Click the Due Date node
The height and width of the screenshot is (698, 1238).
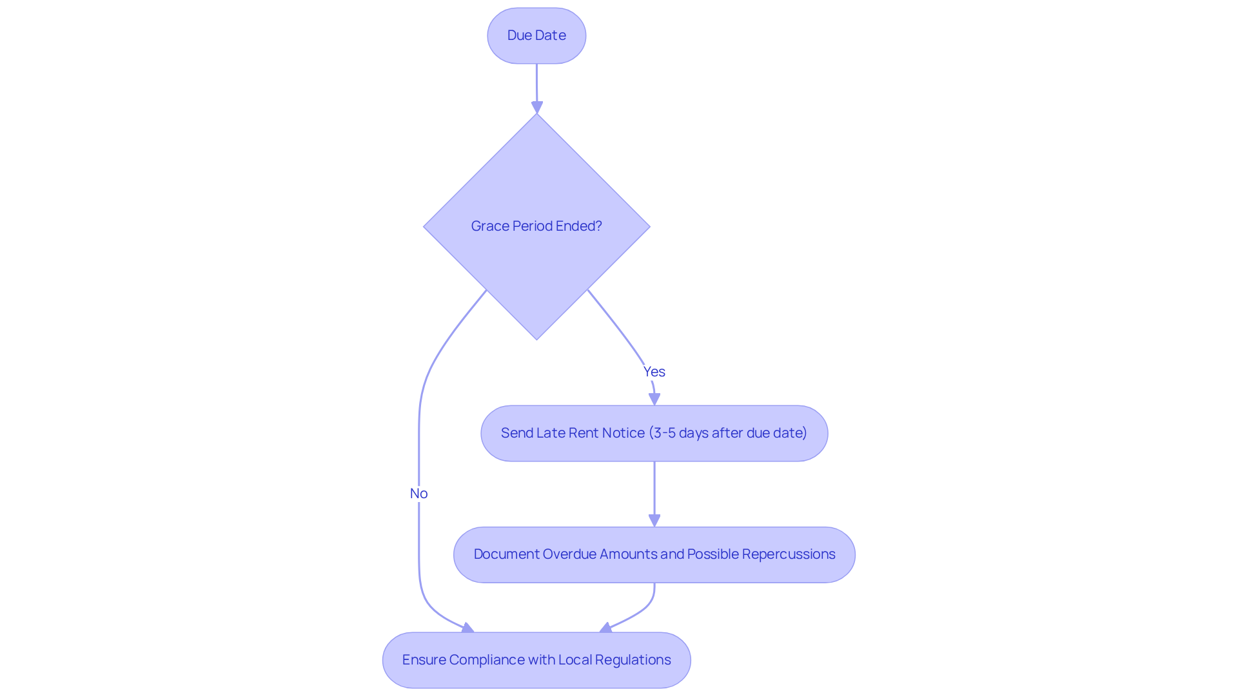(536, 35)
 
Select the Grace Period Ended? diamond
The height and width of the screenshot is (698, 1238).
(536, 227)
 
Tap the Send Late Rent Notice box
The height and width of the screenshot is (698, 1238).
(654, 433)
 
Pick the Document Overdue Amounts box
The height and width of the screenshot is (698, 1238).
(654, 555)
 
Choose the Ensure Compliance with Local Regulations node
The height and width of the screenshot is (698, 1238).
(536, 660)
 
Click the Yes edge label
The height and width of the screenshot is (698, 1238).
(654, 372)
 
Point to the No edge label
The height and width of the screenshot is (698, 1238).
(419, 494)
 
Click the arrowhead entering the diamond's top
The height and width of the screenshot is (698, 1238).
(537, 107)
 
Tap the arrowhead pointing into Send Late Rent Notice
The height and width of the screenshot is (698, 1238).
(654, 399)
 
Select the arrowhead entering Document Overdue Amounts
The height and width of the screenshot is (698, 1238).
(654, 521)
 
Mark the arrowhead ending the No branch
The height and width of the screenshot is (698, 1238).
(468, 628)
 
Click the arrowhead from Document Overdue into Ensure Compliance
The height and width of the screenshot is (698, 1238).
(605, 628)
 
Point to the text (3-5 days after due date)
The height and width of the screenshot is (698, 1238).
(728, 433)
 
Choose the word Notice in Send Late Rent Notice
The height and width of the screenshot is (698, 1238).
(624, 433)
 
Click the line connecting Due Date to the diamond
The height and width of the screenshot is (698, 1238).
(536, 82)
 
